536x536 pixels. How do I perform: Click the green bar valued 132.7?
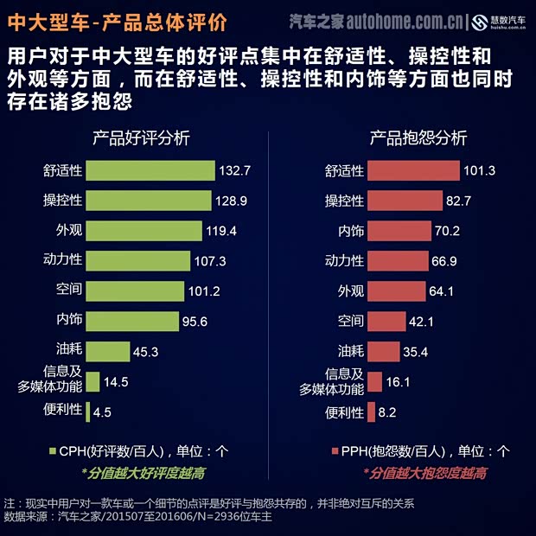pos(151,170)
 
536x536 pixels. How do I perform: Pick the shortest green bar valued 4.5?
pos(89,412)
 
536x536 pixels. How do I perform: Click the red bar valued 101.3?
pos(412,170)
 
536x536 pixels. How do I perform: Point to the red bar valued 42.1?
pos(386,322)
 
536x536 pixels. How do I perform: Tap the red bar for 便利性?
pos(371,412)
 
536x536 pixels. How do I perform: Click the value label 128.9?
pos(233,201)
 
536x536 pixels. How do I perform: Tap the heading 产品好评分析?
pos(141,137)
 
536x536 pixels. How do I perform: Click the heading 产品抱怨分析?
pos(418,137)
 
